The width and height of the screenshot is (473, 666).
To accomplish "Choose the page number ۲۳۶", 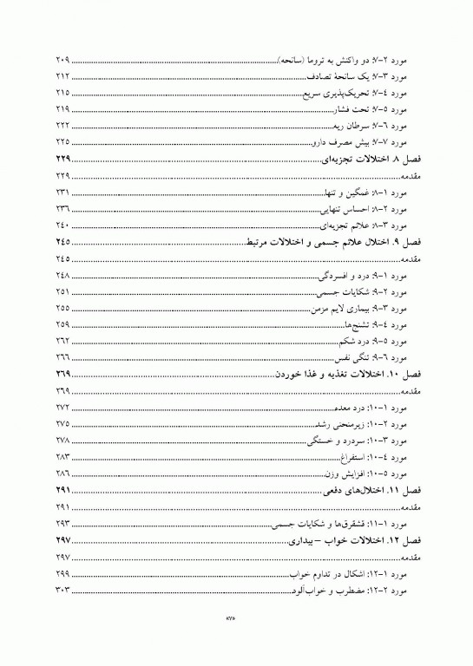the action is [62, 208].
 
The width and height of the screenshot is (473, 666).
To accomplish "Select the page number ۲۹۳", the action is [62, 524].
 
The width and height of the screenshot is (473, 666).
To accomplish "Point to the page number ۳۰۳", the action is [62, 590].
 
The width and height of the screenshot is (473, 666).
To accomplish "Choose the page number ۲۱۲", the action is [61, 77].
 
